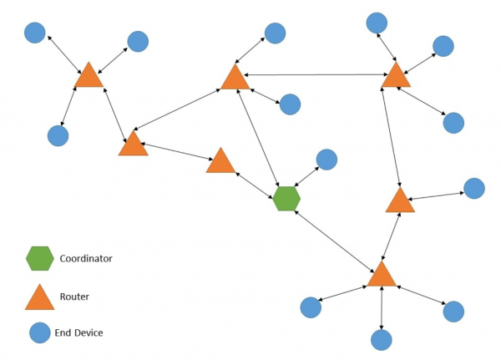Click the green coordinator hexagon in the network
(286, 198)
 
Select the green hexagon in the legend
(39, 259)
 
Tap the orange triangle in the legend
(39, 297)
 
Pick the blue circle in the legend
(39, 332)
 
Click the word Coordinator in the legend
(85, 259)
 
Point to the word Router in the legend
(74, 296)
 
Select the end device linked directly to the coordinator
(326, 160)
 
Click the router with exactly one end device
(400, 200)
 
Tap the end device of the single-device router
(473, 188)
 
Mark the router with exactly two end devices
(235, 78)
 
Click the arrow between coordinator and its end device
(306, 179)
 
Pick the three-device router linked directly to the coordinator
(381, 274)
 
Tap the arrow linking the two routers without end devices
(175, 152)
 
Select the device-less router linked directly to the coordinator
(220, 161)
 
